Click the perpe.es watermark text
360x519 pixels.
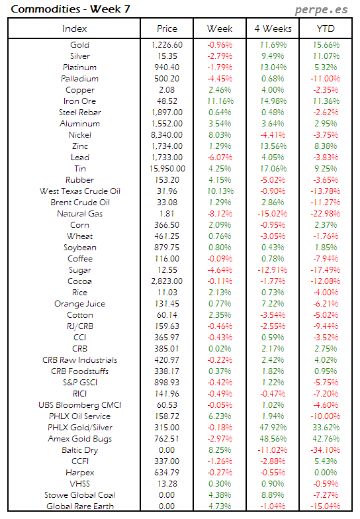click(x=321, y=10)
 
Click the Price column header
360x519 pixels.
click(x=167, y=28)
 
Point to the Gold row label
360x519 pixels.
click(x=79, y=45)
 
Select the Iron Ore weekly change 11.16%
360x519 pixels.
click(x=220, y=101)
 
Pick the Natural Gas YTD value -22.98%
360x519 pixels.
click(x=324, y=214)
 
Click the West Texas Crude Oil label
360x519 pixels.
click(x=79, y=191)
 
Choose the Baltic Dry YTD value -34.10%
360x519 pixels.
click(x=324, y=450)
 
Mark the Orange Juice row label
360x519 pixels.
click(x=79, y=304)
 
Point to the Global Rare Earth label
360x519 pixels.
click(x=79, y=506)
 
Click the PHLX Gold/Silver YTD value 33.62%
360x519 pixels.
click(x=324, y=428)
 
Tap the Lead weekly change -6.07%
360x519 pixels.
click(x=220, y=158)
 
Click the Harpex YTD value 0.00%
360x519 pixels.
click(x=324, y=473)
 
